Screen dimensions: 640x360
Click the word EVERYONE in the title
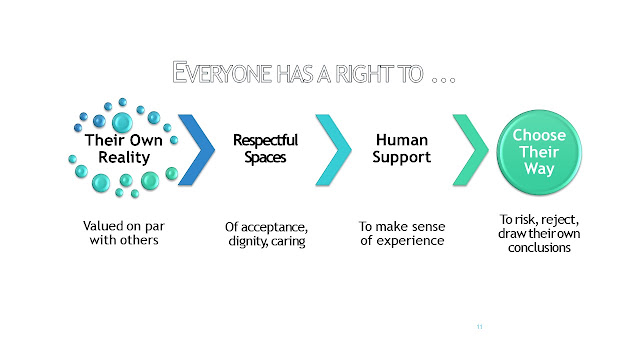click(x=222, y=73)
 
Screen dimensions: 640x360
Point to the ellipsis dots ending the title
click(x=444, y=80)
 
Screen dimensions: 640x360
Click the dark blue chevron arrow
click(x=196, y=150)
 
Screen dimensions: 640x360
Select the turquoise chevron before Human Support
click(x=333, y=150)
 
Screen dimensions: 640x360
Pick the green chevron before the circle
click(x=471, y=150)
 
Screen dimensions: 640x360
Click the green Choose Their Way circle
click(x=539, y=152)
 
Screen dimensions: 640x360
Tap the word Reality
click(x=124, y=158)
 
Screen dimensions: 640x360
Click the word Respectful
click(x=265, y=140)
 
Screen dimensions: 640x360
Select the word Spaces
click(x=265, y=158)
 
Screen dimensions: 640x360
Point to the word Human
click(x=402, y=140)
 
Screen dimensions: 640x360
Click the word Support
click(x=402, y=158)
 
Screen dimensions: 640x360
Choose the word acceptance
click(x=274, y=227)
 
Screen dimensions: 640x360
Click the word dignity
click(x=248, y=241)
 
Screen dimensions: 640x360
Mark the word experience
click(x=410, y=241)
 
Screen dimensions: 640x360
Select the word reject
click(x=560, y=220)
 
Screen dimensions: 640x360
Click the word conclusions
click(x=539, y=248)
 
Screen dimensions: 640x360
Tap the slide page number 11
click(x=480, y=327)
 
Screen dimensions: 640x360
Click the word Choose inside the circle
click(x=539, y=135)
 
